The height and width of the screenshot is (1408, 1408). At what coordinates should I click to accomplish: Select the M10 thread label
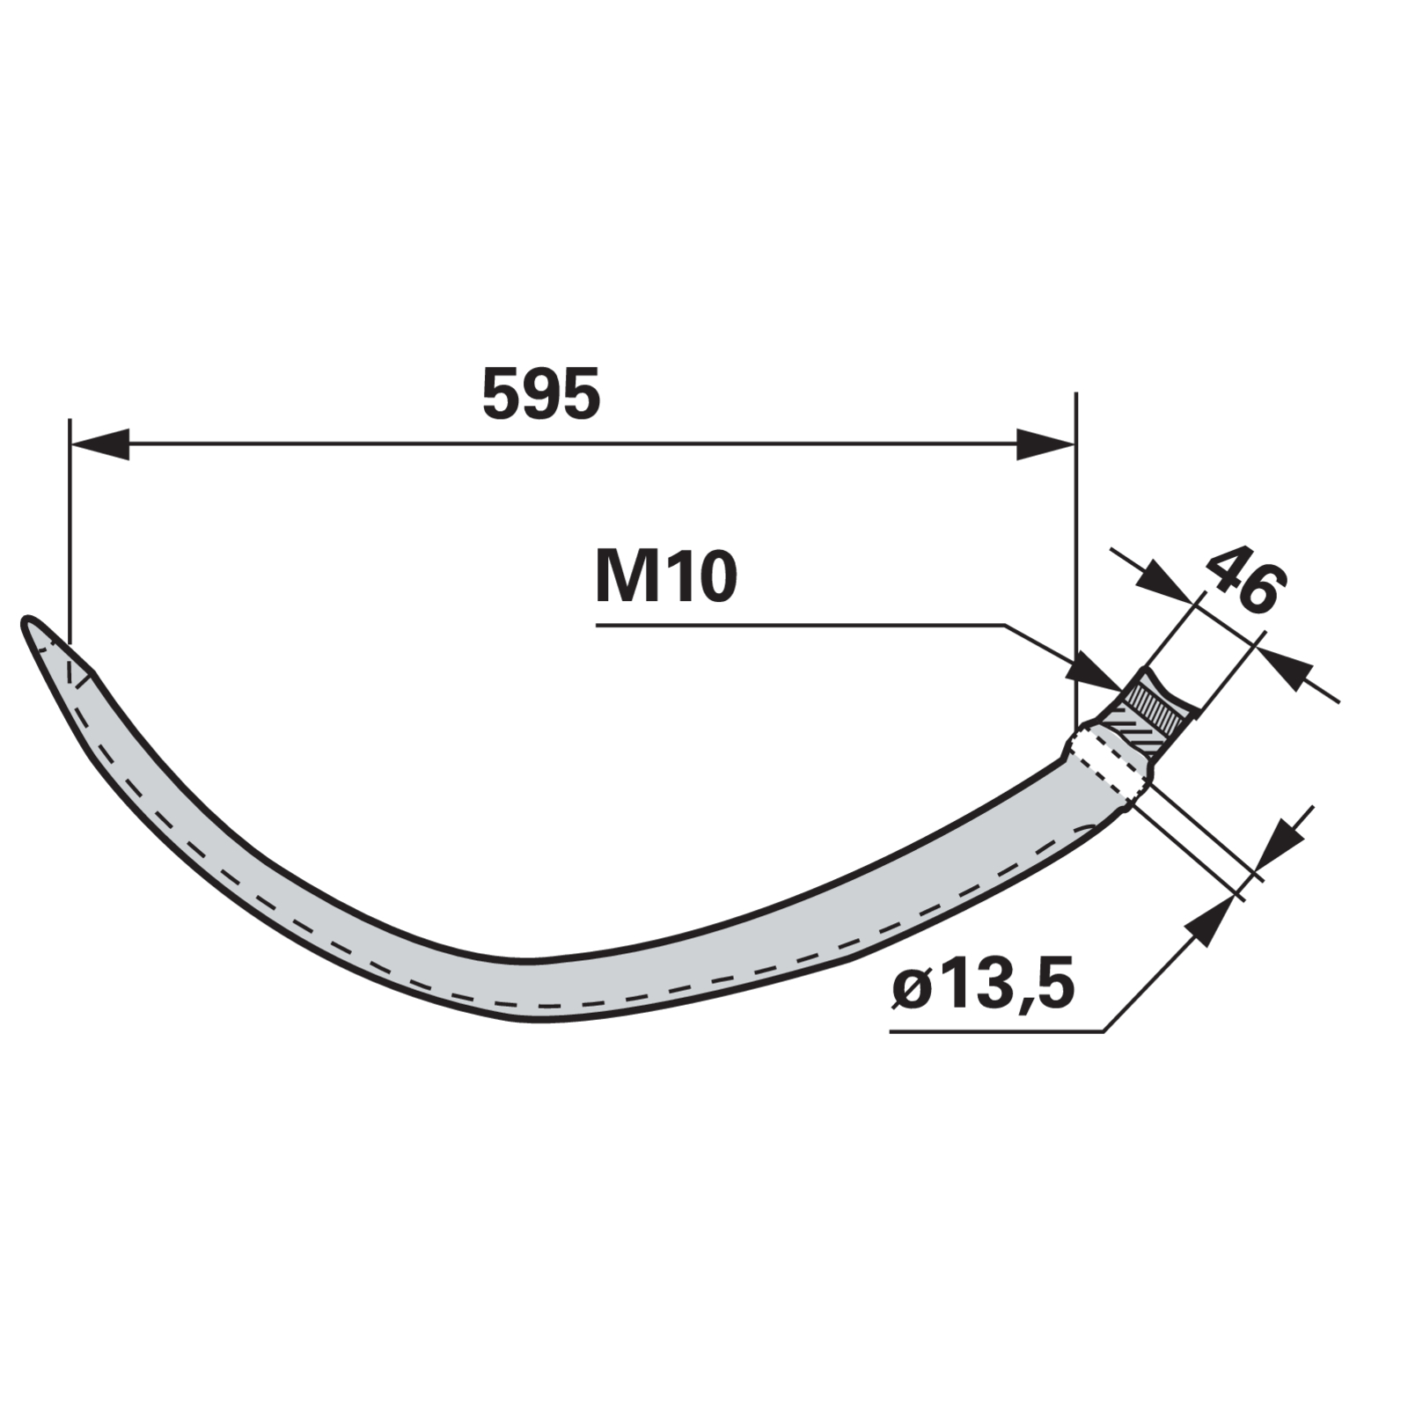pos(666,577)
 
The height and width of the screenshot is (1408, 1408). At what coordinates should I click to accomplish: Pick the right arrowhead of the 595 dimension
pos(1045,444)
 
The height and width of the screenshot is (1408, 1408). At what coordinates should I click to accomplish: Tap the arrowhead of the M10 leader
pos(1097,674)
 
